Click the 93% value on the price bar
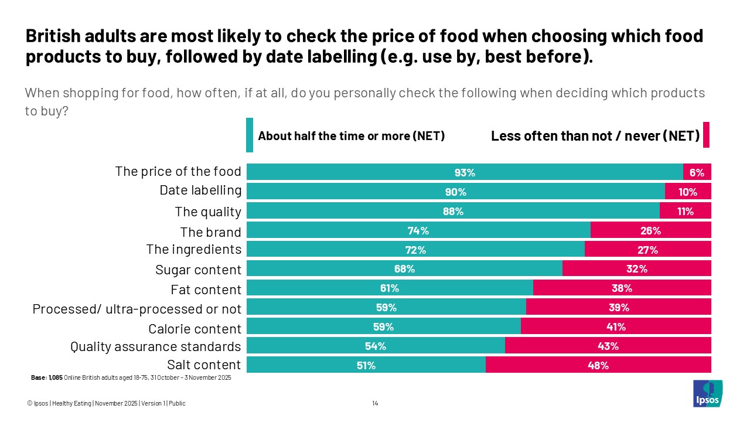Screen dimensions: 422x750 (465, 172)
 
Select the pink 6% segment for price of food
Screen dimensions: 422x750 (697, 172)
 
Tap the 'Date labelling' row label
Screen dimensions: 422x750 (200, 190)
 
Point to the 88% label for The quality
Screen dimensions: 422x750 (453, 211)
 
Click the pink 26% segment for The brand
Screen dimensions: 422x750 (650, 230)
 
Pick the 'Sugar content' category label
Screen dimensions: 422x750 (198, 270)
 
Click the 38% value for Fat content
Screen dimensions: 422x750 (622, 288)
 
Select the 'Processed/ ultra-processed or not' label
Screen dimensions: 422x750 (137, 308)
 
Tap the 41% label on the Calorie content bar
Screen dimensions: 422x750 (616, 326)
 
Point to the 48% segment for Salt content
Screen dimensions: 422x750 (598, 365)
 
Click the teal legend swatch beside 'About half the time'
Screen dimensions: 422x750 (250, 135)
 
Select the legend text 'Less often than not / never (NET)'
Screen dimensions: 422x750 (595, 136)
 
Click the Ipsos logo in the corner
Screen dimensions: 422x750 (707, 393)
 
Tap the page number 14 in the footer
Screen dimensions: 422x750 (375, 403)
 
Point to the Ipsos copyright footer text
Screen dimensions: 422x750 (106, 403)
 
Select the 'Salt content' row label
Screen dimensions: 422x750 (204, 365)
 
